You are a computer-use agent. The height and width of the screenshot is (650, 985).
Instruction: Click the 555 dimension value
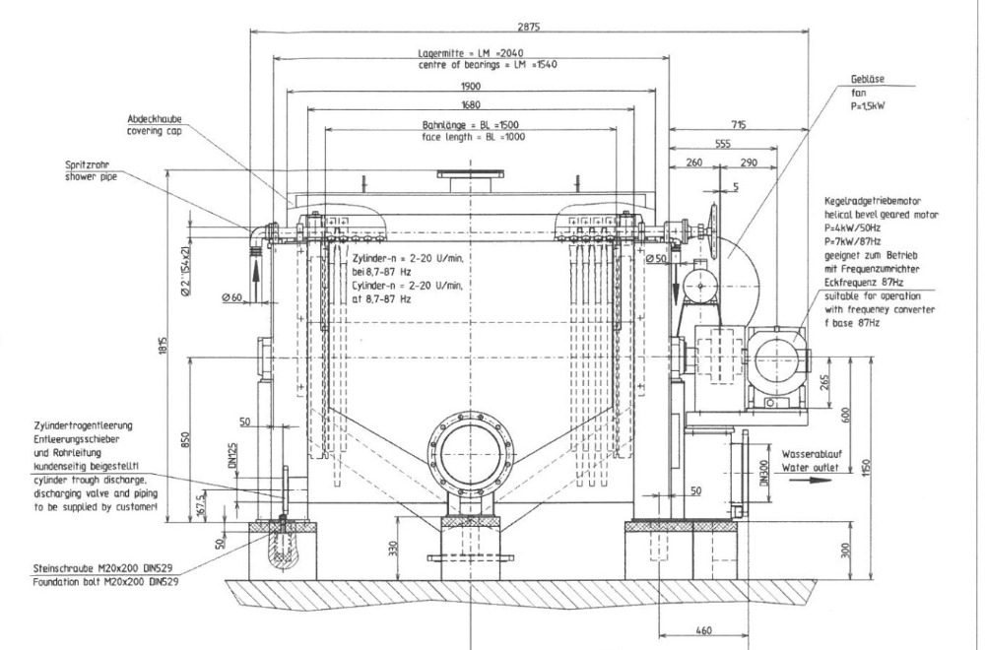[x=726, y=145]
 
